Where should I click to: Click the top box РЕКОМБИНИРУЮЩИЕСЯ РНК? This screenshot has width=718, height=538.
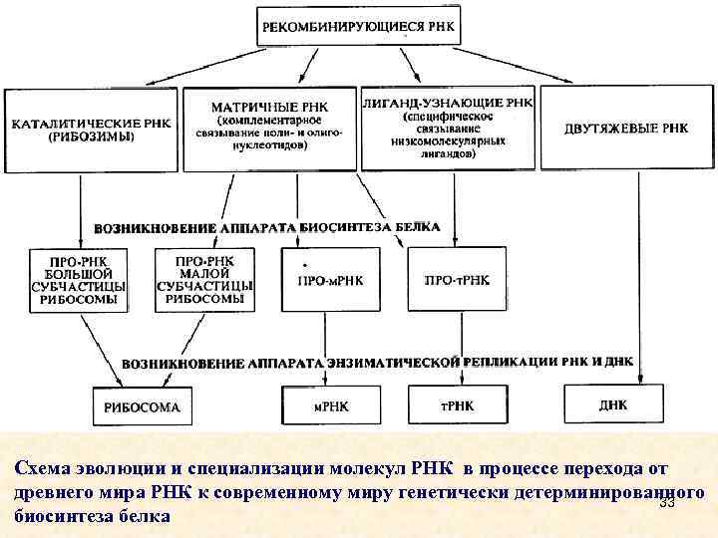pos(360,27)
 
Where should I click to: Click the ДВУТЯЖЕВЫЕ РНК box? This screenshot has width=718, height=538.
pos(625,129)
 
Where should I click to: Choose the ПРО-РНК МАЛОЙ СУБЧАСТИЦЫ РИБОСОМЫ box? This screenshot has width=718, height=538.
pos(204,279)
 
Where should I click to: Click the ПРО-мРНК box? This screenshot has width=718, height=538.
pos(330,280)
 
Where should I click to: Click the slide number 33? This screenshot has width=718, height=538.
pos(667,503)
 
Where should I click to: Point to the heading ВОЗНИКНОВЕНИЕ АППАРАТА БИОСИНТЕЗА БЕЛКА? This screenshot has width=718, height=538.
pos(266,227)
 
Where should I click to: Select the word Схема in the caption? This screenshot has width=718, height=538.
pos(43,468)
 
